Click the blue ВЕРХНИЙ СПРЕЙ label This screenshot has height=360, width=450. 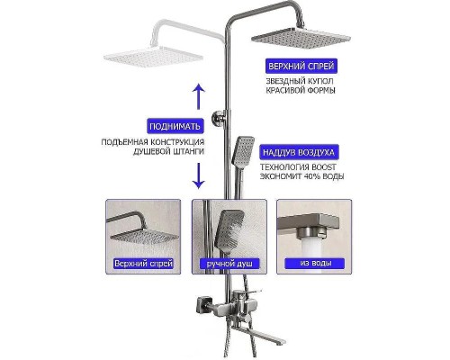point(301,66)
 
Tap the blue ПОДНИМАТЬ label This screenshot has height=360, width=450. point(175,126)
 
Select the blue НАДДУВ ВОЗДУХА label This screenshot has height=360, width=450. point(299,152)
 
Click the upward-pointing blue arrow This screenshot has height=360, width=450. point(198,96)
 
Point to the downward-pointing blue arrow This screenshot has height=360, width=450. point(198,175)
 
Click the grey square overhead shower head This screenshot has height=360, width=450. point(301,37)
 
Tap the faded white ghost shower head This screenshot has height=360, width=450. point(153,56)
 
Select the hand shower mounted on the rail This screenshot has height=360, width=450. point(243,152)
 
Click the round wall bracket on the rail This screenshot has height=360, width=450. point(219,118)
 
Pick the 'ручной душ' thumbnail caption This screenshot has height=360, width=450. point(229,264)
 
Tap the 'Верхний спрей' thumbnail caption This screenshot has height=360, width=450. point(144,264)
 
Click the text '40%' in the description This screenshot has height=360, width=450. point(312,176)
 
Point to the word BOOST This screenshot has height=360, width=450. point(326,167)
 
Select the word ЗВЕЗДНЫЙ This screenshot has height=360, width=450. point(284,81)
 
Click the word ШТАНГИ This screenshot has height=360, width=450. point(189,151)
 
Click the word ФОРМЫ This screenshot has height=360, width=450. point(321,90)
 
